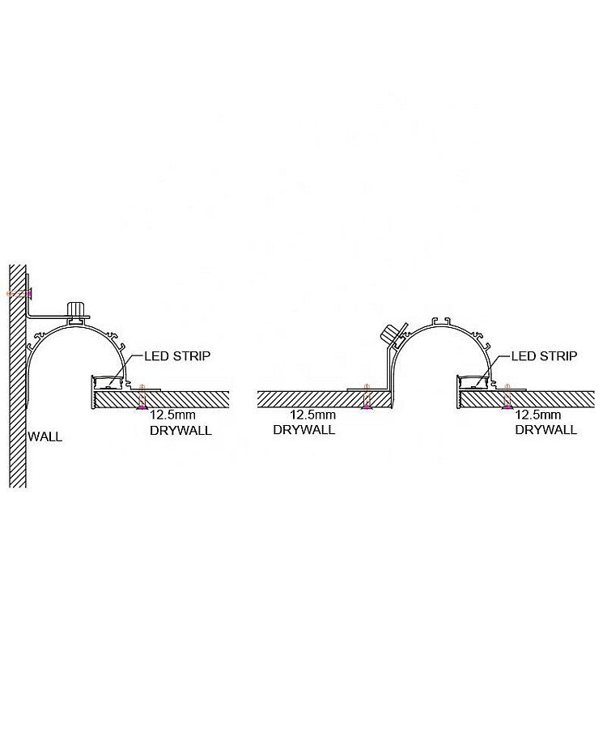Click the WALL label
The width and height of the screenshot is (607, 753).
[45, 436]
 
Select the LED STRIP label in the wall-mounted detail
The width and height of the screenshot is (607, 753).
[178, 355]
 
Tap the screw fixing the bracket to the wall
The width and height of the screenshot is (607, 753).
[20, 291]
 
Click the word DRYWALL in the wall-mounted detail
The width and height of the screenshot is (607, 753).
[180, 430]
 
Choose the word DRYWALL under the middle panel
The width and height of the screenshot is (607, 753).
[303, 430]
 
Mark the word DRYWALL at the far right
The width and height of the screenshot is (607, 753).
[546, 430]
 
